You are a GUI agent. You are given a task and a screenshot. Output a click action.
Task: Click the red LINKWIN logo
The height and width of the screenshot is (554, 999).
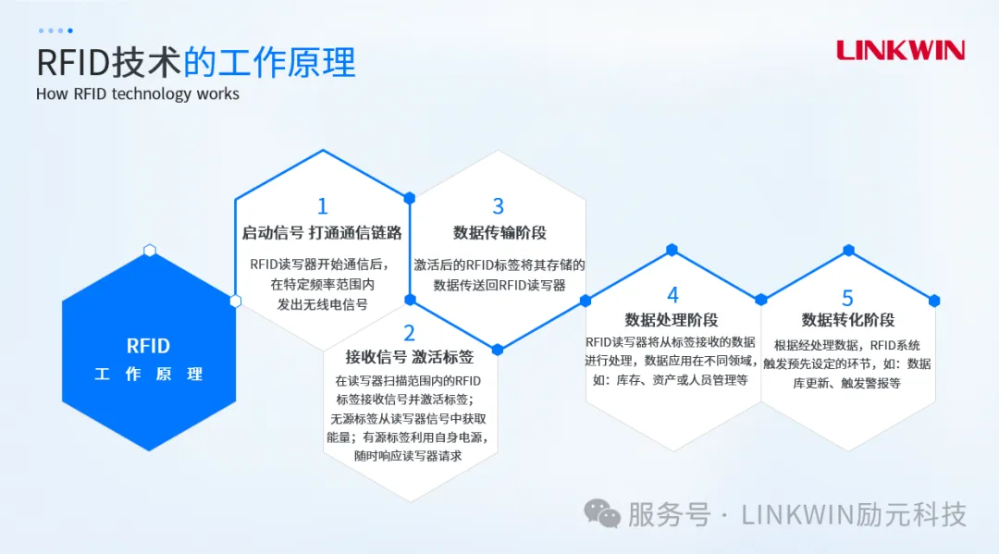pos(900,50)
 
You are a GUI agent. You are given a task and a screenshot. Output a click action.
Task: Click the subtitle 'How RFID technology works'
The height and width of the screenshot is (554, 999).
pos(138,93)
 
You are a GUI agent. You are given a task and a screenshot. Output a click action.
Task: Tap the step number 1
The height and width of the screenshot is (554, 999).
pos(322,205)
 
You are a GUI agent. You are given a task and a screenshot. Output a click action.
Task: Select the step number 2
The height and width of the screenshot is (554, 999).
pos(409,333)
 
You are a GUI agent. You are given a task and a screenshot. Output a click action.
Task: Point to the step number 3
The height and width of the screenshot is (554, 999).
pos(499,205)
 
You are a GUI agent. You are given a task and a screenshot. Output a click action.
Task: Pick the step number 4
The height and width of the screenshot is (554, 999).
pos(672,295)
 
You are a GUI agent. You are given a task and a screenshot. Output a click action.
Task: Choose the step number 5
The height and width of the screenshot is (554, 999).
pos(847,297)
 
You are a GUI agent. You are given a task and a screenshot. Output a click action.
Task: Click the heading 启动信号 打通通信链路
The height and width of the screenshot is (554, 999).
pos(322,233)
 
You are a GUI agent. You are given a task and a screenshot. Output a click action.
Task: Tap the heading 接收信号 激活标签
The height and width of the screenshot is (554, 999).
pos(409,357)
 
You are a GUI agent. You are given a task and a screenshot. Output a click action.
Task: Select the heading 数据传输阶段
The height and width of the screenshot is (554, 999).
pos(499,233)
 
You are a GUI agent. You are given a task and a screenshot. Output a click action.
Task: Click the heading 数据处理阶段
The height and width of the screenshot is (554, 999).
pos(672,320)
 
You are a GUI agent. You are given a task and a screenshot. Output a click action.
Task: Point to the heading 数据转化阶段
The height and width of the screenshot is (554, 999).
pos(847,320)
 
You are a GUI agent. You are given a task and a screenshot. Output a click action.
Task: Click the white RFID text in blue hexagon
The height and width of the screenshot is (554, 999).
pos(148,346)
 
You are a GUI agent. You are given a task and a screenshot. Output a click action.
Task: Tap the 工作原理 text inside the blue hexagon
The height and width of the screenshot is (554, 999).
pos(148,375)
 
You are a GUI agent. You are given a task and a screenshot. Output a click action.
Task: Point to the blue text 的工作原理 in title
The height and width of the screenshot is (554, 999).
pos(269,62)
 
